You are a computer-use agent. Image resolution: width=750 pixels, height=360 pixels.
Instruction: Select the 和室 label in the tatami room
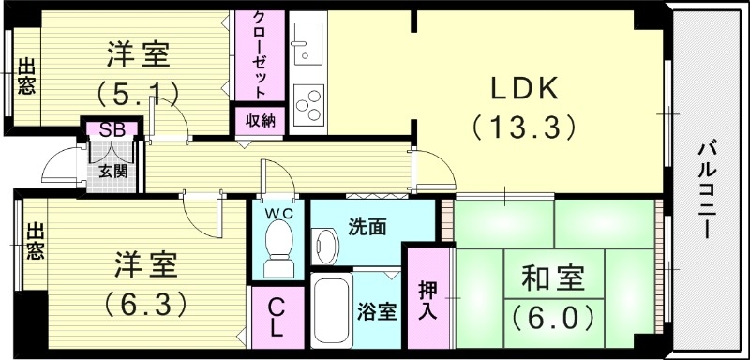(552, 278)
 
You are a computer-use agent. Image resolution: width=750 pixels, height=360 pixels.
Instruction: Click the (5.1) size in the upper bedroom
(138, 93)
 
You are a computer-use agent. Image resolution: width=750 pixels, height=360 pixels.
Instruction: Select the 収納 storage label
(261, 121)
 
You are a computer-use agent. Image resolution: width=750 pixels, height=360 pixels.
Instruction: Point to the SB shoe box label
(112, 130)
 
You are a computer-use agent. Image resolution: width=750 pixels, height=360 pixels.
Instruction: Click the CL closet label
(277, 319)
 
